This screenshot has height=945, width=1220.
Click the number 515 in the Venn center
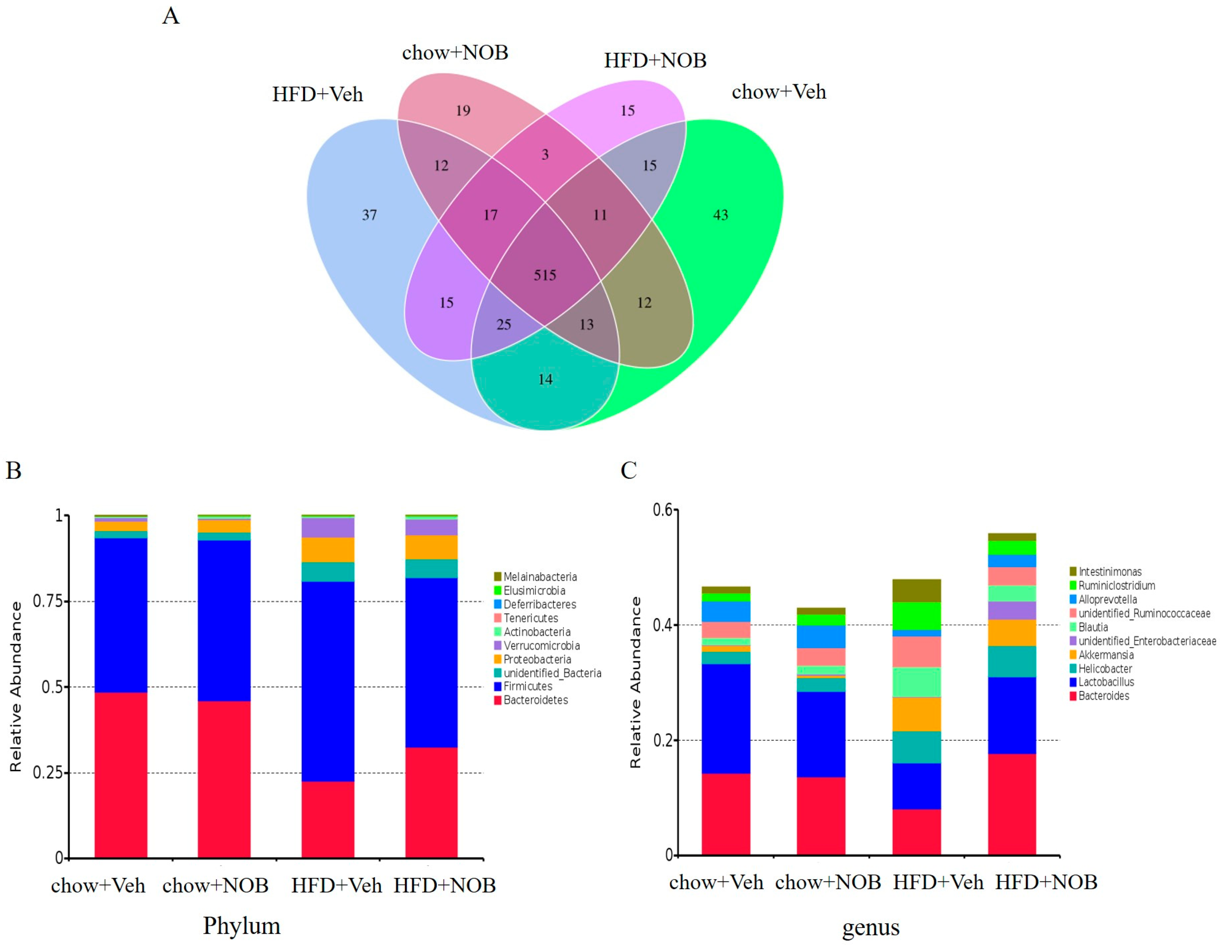[545, 275]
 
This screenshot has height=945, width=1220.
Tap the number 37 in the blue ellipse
[369, 215]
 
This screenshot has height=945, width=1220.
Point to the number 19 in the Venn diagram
[463, 111]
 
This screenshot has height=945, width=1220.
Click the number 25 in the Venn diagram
[503, 324]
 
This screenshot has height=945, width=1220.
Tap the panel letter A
[171, 16]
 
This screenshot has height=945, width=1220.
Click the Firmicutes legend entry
[527, 686]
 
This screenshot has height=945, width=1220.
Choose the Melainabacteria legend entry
[540, 577]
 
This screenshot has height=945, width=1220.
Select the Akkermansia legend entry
[1106, 655]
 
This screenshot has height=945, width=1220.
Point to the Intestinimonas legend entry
[1109, 572]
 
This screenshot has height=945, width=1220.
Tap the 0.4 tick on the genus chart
[664, 625]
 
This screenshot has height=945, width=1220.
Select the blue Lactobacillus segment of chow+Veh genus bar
[725, 719]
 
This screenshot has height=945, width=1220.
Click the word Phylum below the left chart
[241, 925]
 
